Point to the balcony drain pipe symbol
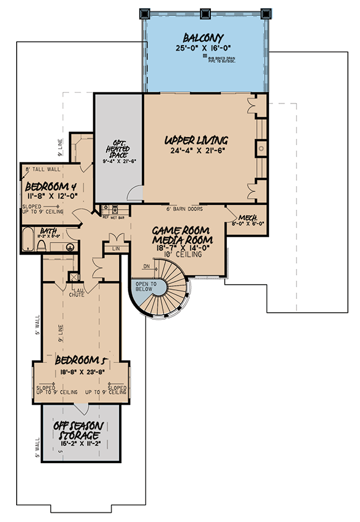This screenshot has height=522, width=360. tap(205, 56)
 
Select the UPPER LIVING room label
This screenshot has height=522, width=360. tap(196, 140)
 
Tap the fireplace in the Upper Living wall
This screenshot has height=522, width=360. tap(261, 148)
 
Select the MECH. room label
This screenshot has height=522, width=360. tap(248, 217)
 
